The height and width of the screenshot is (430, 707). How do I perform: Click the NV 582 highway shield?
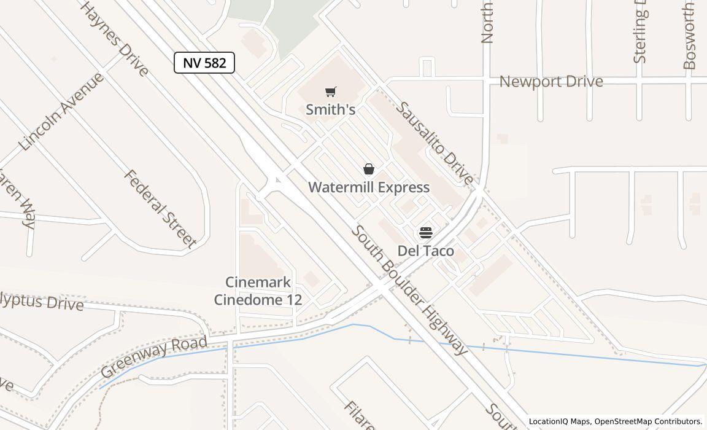[x=204, y=63]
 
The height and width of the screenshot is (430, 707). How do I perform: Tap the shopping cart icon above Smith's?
[x=331, y=92]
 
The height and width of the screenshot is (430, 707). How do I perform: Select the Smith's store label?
[x=331, y=110]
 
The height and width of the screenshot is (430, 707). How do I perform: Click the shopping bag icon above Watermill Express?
[x=369, y=169]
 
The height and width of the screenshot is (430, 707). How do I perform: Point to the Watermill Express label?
[x=369, y=187]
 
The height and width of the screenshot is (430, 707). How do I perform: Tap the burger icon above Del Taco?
[x=425, y=233]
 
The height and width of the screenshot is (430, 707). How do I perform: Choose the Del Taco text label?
[x=425, y=251]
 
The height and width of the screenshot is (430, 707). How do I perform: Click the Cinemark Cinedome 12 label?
[x=257, y=291]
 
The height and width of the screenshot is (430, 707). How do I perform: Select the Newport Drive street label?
[x=551, y=82]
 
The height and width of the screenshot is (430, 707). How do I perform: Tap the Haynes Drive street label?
[x=115, y=38]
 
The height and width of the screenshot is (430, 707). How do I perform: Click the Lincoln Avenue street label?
[x=61, y=112]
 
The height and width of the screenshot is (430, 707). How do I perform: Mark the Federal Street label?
[x=160, y=209]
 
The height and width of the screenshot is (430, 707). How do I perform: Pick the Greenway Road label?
[x=153, y=357]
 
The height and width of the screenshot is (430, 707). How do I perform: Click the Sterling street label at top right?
[x=639, y=34]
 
